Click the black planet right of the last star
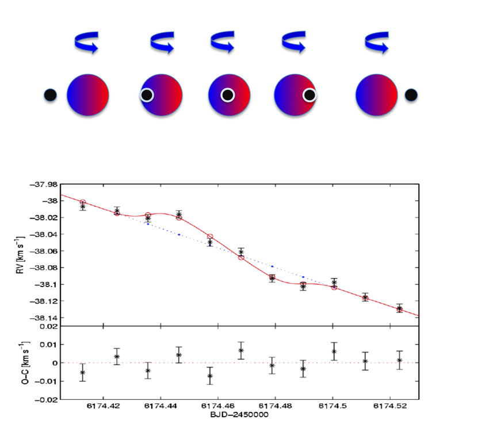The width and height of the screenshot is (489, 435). tap(411, 95)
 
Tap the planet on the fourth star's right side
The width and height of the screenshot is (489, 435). tap(310, 95)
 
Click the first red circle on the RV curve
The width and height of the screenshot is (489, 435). tap(83, 202)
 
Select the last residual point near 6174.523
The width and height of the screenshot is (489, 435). tap(399, 360)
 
